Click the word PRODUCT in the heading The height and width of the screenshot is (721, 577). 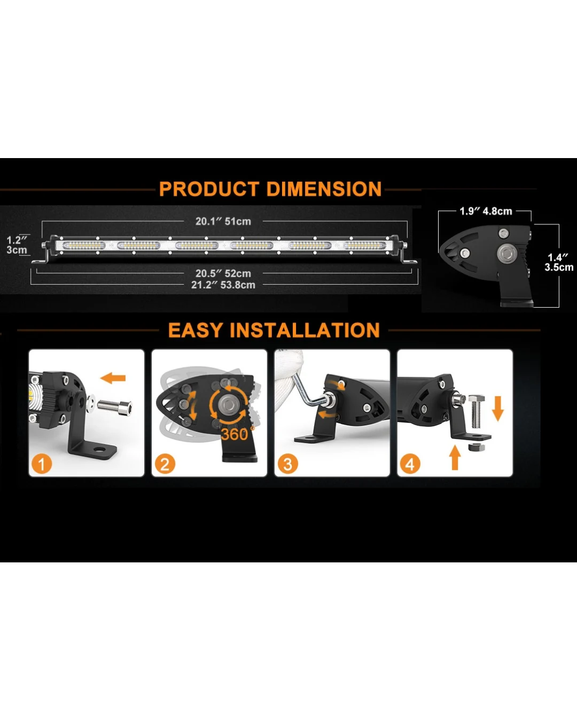point(209,189)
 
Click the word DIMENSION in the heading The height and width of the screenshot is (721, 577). point(324,189)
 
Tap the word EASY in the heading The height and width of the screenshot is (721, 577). point(196,330)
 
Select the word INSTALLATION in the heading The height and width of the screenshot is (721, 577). point(305,330)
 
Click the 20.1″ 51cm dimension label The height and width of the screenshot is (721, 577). point(223,222)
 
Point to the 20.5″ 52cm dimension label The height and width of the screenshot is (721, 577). point(223,273)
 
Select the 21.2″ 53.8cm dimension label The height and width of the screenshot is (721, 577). point(223,285)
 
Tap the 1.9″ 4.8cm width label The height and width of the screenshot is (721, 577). point(486,211)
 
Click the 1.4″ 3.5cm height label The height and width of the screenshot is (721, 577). point(559,262)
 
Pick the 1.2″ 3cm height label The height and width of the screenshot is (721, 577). point(17,245)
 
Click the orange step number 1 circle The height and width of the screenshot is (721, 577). point(42,464)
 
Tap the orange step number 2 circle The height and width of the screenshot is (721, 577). point(165,464)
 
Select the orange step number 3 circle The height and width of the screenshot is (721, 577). point(287,464)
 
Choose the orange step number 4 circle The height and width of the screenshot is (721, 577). point(410,464)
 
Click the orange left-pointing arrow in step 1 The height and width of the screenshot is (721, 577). point(113,378)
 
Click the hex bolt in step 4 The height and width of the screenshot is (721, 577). point(477,411)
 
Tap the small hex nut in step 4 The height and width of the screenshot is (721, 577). point(476,447)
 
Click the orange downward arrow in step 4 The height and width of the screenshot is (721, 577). point(498,409)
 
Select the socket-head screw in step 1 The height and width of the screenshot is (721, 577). point(115,407)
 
